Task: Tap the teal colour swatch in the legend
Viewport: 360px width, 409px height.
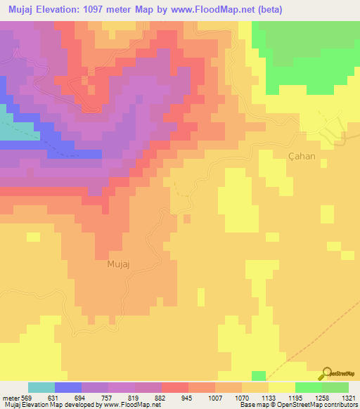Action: (41, 387)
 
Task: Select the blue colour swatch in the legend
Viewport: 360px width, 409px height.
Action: (68, 387)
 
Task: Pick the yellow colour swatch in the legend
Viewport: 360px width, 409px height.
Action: (282, 387)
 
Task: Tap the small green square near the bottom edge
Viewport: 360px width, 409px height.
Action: (259, 375)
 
